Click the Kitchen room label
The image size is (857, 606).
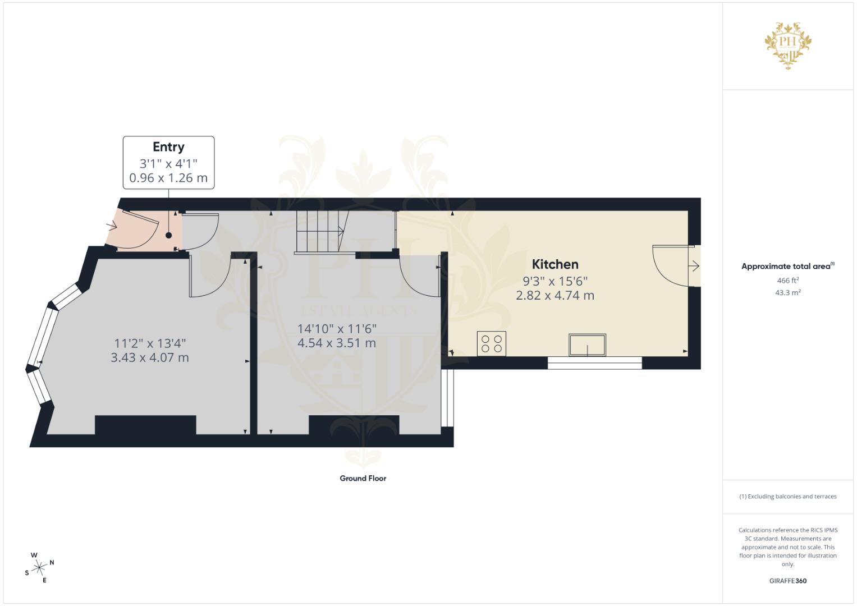pyautogui.click(x=554, y=264)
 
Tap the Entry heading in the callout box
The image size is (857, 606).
pyautogui.click(x=168, y=147)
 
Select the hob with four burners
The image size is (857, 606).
pyautogui.click(x=492, y=343)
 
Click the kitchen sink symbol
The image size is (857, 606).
pyautogui.click(x=587, y=345)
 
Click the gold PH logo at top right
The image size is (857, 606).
pyautogui.click(x=789, y=45)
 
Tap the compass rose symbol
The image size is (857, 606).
pyautogui.click(x=39, y=567)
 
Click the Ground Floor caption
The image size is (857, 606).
pyautogui.click(x=363, y=479)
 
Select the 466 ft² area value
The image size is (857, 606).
pyautogui.click(x=787, y=281)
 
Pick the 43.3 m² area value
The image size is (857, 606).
pyautogui.click(x=787, y=293)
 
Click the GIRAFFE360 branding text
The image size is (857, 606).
pyautogui.click(x=787, y=581)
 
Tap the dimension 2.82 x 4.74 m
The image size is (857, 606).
pyautogui.click(x=554, y=295)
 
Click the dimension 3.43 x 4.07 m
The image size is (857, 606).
pyautogui.click(x=149, y=357)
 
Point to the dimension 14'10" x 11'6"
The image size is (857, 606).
pyautogui.click(x=337, y=329)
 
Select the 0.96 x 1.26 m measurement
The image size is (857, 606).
pyautogui.click(x=168, y=178)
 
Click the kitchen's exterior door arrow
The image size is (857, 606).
pyautogui.click(x=694, y=266)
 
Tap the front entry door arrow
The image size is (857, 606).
pyautogui.click(x=112, y=226)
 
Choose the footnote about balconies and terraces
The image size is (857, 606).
pyautogui.click(x=787, y=497)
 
